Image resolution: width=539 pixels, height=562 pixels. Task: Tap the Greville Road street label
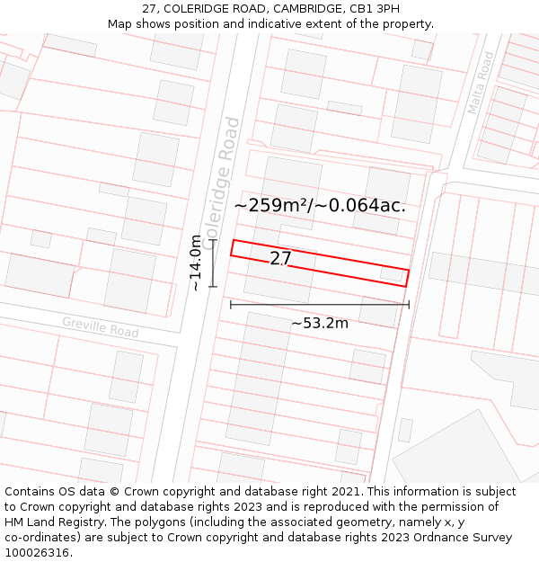click(x=101, y=326)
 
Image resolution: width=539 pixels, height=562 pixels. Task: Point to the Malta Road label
click(x=481, y=83)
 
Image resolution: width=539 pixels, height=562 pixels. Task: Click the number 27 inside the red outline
click(x=281, y=259)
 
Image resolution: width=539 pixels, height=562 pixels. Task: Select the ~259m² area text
click(x=269, y=205)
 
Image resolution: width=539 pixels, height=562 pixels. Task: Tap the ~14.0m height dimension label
click(x=196, y=263)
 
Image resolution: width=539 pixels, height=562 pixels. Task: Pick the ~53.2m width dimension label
click(x=320, y=323)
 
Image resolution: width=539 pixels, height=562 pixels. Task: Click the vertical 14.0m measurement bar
click(x=213, y=263)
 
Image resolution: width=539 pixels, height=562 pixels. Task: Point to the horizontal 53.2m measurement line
click(x=320, y=305)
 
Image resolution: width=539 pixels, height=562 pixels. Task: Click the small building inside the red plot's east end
click(x=391, y=272)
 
